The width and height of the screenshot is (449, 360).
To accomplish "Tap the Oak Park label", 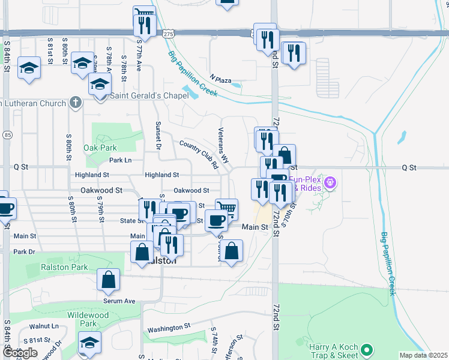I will click(100, 148).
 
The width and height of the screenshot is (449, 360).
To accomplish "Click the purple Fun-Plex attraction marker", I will click(330, 182).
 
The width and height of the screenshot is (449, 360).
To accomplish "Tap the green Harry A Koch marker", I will click(367, 349).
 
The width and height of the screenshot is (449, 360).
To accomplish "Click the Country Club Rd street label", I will click(199, 154).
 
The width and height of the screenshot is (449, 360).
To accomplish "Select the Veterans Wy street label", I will click(223, 146).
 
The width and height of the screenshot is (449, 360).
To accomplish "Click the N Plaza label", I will click(220, 79).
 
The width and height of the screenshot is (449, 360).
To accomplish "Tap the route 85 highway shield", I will click(7, 135).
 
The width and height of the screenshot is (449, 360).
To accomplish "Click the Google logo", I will click(20, 353).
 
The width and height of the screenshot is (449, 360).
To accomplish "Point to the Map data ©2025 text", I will click(424, 355).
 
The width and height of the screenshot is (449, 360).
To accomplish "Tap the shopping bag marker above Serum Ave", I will click(108, 279).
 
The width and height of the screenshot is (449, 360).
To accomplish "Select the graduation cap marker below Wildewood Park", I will click(89, 342).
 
